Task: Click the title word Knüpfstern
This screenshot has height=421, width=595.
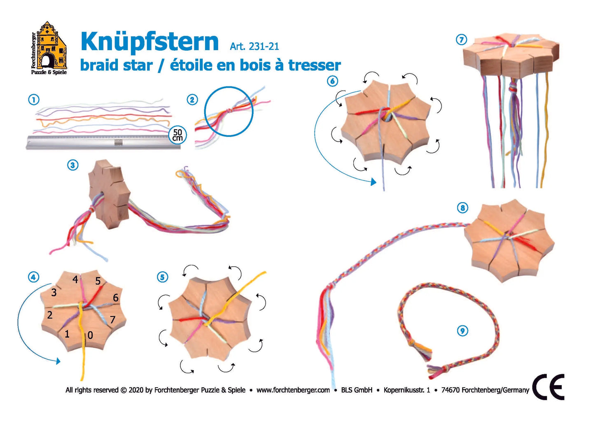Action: point(149,42)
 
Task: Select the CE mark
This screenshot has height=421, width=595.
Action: point(548,387)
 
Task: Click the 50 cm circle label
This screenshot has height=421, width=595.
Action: point(177,135)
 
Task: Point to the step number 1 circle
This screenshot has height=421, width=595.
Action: point(34,100)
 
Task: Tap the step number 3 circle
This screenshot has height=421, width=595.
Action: point(73,165)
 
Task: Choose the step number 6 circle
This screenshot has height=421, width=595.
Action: point(332,81)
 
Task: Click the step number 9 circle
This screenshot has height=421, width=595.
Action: point(462,330)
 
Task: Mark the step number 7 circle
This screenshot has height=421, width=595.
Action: point(461,40)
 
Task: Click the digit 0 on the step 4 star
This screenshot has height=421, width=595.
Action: point(90,335)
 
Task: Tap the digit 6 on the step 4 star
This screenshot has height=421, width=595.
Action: point(116,298)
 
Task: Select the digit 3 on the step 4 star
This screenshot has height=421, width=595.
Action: point(54,293)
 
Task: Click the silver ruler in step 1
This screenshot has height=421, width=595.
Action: point(103,142)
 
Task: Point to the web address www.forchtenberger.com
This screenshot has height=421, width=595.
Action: point(293,390)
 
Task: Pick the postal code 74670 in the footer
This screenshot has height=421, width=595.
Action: point(450,390)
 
